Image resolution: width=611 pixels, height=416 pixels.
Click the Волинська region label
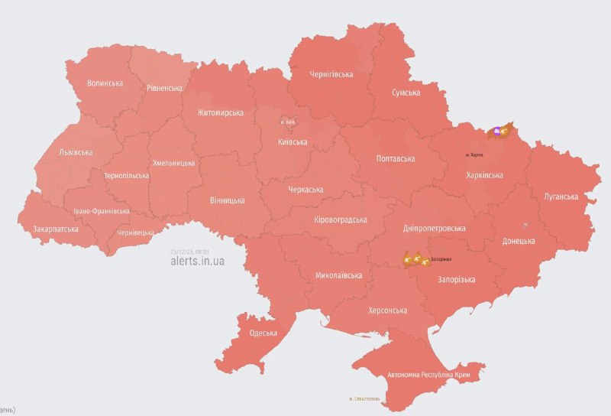click(105, 83)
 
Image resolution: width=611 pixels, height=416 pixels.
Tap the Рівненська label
click(164, 88)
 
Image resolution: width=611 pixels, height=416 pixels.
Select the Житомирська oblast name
click(220, 112)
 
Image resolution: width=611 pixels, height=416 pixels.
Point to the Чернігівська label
click(331, 74)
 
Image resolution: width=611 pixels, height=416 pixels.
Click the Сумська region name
click(406, 93)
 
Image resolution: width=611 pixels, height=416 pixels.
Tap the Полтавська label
click(396, 159)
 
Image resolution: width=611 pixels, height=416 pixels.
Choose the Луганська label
click(561, 197)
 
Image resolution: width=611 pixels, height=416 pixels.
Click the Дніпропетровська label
click(434, 228)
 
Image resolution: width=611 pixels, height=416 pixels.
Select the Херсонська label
click(387, 310)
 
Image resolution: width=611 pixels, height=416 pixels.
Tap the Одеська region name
click(263, 333)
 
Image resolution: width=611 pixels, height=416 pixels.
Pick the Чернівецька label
click(136, 232)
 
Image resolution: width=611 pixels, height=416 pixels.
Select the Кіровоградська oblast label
click(341, 219)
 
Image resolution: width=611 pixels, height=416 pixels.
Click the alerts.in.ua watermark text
click(197, 261)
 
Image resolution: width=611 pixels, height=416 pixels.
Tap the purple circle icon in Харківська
click(497, 132)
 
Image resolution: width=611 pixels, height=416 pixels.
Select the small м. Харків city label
click(474, 155)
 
